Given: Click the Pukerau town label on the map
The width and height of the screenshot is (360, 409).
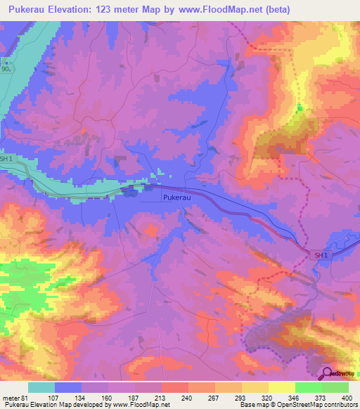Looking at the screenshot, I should [x=176, y=198].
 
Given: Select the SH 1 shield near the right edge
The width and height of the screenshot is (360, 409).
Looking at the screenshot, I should [x=321, y=255].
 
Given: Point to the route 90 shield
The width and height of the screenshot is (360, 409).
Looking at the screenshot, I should [x=6, y=70].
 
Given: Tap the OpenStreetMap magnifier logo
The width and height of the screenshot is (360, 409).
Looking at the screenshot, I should [x=328, y=373].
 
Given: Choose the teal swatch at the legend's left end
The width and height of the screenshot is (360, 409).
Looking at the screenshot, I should [x=41, y=387].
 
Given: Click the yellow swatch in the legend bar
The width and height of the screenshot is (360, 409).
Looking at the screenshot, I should [x=255, y=387].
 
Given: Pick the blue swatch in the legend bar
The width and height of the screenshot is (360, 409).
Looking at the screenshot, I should [x=68, y=387].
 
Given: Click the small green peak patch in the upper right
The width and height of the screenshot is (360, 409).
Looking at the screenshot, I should [x=300, y=108].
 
